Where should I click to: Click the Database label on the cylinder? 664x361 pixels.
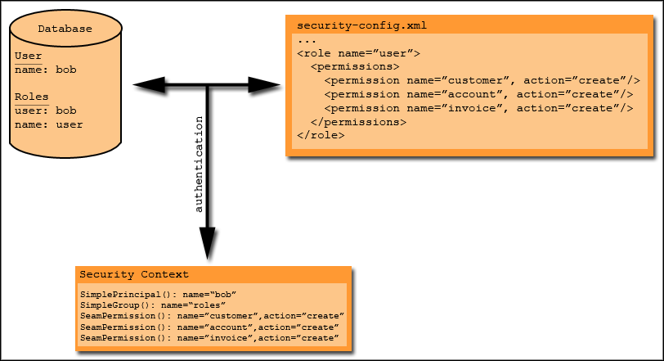coord(65,29)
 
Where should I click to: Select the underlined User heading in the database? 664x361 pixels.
coord(29,56)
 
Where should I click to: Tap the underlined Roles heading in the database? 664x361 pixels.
coord(32,97)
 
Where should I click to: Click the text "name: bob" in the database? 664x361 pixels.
coord(46,70)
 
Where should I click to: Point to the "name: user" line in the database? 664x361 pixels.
coord(49,124)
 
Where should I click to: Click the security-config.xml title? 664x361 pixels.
coord(361,26)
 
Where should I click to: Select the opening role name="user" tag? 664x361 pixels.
coord(359,53)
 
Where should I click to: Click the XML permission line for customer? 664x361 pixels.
coord(482,80)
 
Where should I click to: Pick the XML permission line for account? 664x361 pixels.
coord(479,94)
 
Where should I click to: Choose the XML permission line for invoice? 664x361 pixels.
coord(479,109)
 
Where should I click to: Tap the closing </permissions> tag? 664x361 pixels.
coord(359,122)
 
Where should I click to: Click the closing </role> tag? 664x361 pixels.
coord(321,135)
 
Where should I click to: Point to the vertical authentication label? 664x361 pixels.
coord(198,165)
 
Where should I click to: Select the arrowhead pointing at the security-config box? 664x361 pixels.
coord(264,85)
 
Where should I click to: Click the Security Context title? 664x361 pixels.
coord(134,274)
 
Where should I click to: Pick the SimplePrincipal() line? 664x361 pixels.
coord(158,295)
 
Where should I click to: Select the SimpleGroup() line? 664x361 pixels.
coord(153,305)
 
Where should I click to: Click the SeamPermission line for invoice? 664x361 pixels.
coord(209,338)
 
